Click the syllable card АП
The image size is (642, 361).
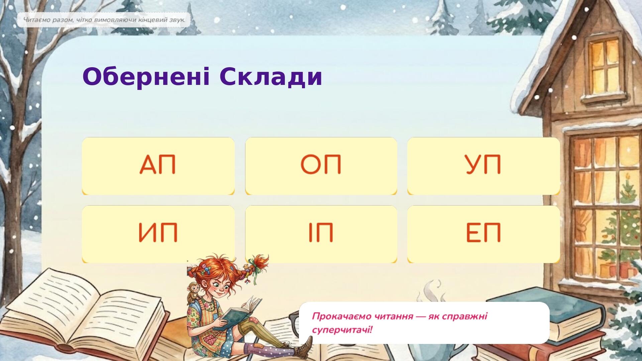[x=158, y=166]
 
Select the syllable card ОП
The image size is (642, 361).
[x=321, y=166]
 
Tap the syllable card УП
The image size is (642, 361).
[x=484, y=166]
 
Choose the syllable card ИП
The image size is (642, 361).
[x=158, y=234]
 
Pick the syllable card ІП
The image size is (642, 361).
[x=321, y=234]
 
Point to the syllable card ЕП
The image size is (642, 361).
[x=484, y=234]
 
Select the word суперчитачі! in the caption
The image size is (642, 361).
[x=342, y=330]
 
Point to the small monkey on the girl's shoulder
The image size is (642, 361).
[x=194, y=292]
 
